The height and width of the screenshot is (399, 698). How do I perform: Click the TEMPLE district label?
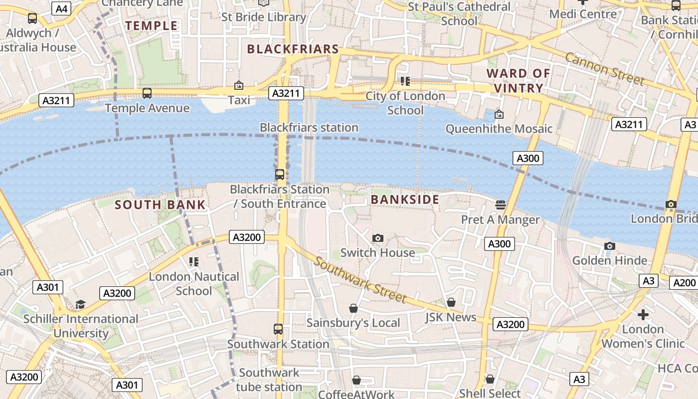pos(151,26)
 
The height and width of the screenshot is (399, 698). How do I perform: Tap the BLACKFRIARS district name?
pos(293,49)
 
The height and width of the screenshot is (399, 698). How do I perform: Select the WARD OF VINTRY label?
pos(518,81)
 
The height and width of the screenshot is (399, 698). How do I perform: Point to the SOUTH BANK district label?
pos(160,204)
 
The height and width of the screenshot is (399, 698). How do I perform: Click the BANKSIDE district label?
pos(405,199)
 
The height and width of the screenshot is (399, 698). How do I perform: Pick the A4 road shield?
pos(62,8)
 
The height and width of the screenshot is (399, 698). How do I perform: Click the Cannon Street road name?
pos(605,69)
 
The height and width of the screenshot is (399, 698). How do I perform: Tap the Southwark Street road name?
pos(360,281)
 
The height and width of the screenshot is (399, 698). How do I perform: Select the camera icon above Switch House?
pos(378,238)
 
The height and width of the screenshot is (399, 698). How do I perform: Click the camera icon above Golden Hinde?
pos(609,246)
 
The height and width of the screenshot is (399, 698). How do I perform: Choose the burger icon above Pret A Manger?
pos(500,204)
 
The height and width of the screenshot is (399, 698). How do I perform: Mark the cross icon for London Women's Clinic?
pos(643,315)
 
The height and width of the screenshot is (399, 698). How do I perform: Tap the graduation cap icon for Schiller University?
pos(80,304)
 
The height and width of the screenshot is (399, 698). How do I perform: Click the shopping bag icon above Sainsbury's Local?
pos(353,308)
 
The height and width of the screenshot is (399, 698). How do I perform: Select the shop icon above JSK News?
pos(451,302)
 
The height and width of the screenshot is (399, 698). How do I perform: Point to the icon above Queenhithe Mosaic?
pos(499,114)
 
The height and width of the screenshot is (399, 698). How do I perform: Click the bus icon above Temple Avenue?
pos(147,93)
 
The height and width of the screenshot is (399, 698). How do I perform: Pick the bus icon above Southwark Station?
pos(278,329)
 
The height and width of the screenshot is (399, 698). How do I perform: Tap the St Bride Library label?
pos(264,17)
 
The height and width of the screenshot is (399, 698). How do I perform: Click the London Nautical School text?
pos(194,283)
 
